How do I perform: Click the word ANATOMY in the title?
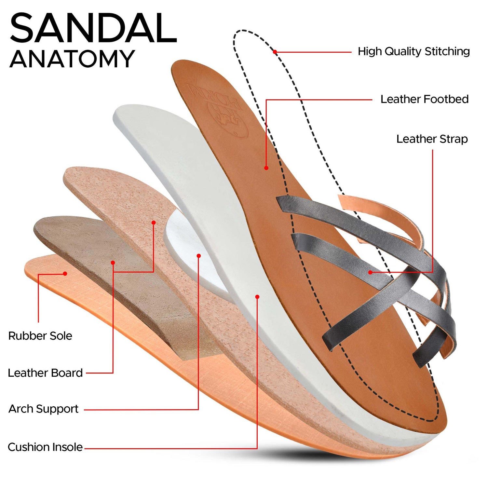click(72, 59)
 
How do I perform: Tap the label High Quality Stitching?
click(413, 51)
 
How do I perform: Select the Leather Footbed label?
click(425, 99)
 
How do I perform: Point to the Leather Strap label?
click(432, 139)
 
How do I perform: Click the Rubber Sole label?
click(40, 336)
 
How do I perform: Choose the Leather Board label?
click(45, 373)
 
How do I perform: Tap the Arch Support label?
click(43, 409)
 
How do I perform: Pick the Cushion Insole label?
click(45, 447)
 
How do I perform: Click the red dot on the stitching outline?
click(275, 52)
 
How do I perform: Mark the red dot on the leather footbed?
click(266, 168)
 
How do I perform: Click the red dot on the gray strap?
click(370, 272)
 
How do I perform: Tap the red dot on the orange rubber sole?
click(65, 274)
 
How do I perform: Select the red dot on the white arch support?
click(199, 256)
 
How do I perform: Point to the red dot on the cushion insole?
click(257, 297)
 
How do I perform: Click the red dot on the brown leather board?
click(113, 263)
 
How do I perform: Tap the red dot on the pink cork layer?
click(154, 223)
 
